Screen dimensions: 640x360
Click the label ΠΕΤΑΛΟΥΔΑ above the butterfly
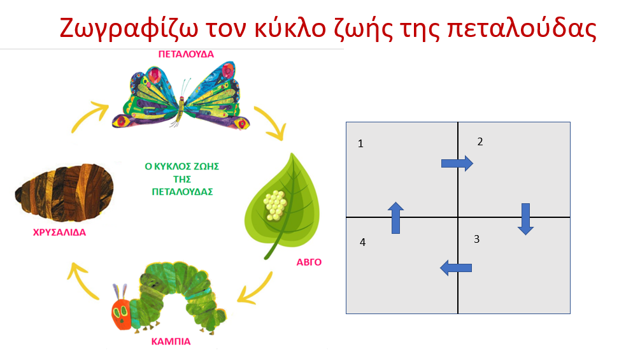click(x=186, y=54)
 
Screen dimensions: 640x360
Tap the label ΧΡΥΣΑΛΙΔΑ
click(x=60, y=233)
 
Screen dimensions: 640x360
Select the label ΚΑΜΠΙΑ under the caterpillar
click(x=171, y=342)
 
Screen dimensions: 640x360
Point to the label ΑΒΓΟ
click(x=309, y=263)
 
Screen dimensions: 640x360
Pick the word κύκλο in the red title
click(x=290, y=28)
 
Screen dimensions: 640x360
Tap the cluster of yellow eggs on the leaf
click(x=275, y=206)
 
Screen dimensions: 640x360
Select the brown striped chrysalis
click(x=64, y=192)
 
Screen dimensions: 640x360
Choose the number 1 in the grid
click(x=360, y=143)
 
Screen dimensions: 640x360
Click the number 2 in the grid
click(x=480, y=141)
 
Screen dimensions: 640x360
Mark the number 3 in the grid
click(x=477, y=239)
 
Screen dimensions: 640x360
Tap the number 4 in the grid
click(x=362, y=243)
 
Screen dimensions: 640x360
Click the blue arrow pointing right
click(x=457, y=163)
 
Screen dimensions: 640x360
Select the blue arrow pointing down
click(x=526, y=219)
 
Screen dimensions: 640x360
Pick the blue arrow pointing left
click(x=456, y=268)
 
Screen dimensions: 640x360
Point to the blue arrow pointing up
click(x=395, y=218)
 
